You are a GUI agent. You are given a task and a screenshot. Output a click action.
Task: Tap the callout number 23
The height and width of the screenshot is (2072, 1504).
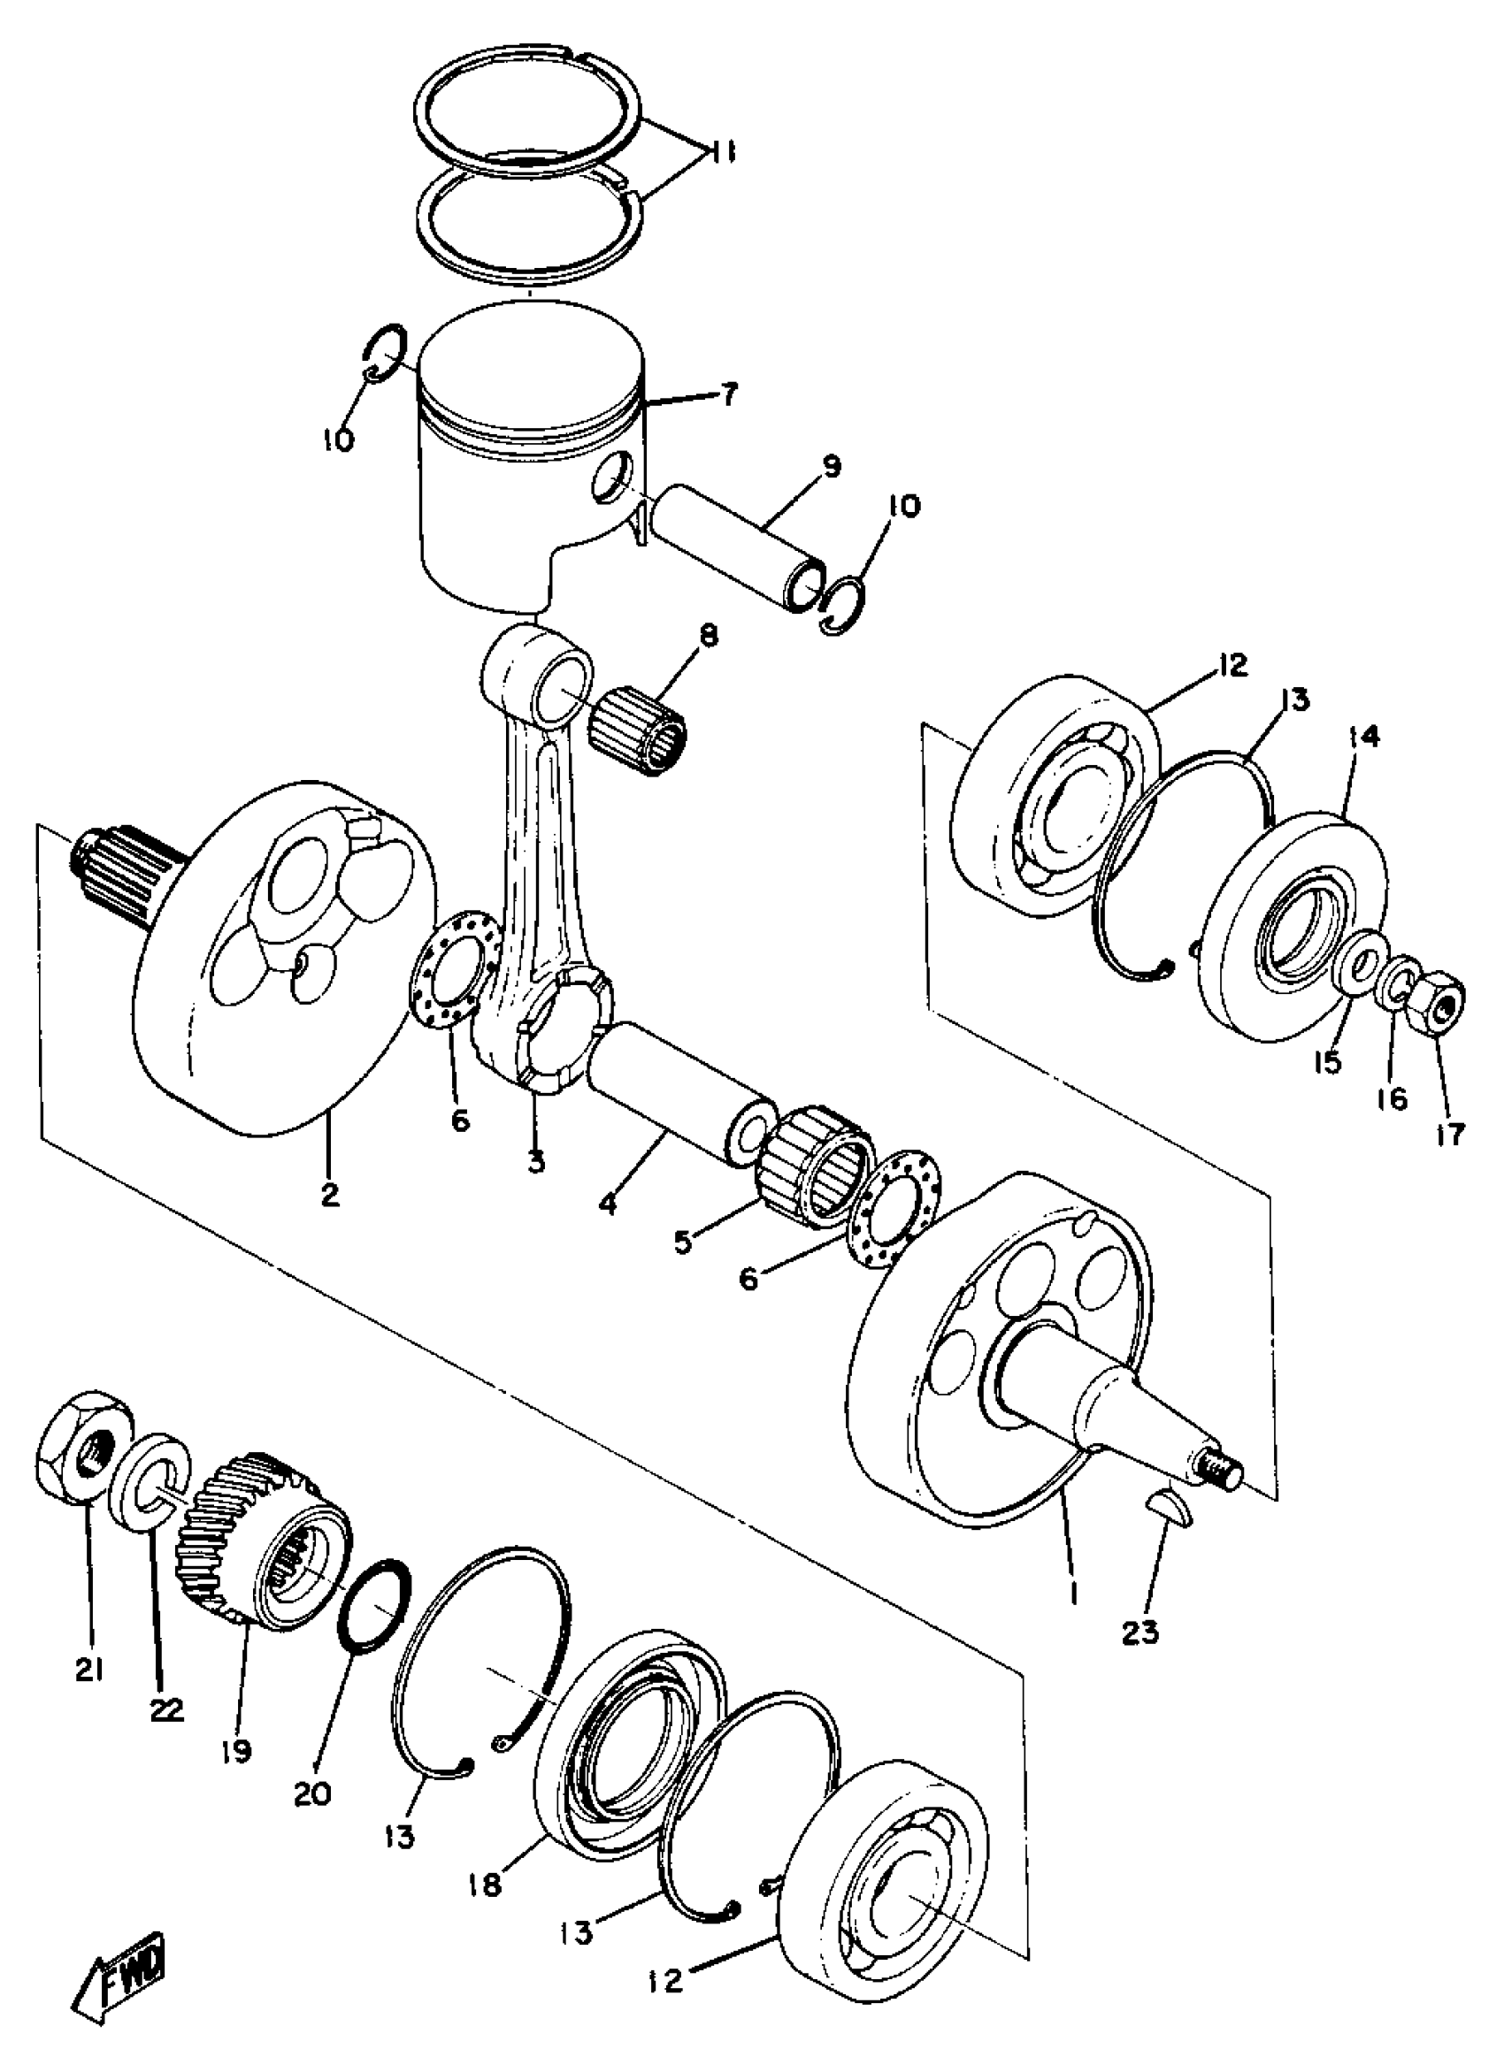click(x=1141, y=1632)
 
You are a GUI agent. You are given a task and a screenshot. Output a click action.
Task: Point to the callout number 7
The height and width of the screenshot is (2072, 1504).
click(x=728, y=395)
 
